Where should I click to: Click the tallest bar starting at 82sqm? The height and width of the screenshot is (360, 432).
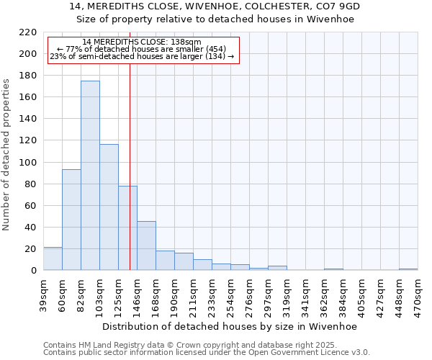tap(90, 176)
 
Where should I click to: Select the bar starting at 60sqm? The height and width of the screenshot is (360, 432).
tap(71, 220)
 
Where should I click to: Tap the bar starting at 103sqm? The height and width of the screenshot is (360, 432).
tap(109, 207)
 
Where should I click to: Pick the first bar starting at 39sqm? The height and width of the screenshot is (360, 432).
tap(53, 258)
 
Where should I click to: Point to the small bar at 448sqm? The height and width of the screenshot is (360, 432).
tap(408, 269)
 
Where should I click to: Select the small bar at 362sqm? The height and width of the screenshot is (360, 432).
tap(333, 269)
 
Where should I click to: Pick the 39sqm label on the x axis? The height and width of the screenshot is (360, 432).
tap(43, 294)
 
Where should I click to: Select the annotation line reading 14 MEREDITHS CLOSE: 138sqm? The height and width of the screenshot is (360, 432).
tap(142, 42)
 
